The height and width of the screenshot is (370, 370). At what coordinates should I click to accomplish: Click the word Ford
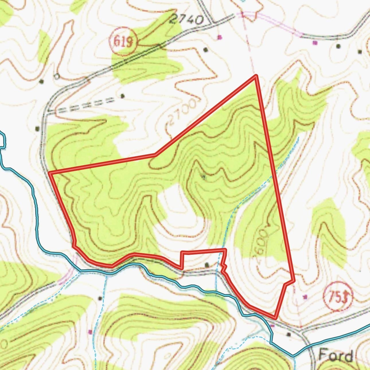(x=336, y=355)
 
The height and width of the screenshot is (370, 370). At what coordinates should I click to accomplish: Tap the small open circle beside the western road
(x=57, y=76)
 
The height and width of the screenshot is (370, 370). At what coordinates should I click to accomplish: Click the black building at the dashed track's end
(x=123, y=96)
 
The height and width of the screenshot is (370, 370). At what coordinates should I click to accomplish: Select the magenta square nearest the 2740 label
(x=220, y=37)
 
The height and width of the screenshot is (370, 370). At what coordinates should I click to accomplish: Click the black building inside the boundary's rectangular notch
(x=207, y=265)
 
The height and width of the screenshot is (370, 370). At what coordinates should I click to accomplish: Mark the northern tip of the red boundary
(x=256, y=75)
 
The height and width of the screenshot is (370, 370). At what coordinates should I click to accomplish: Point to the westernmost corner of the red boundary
(x=50, y=173)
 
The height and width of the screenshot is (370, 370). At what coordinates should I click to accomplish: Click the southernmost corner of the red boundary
(x=275, y=318)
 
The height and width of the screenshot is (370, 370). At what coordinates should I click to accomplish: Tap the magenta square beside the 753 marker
(x=305, y=297)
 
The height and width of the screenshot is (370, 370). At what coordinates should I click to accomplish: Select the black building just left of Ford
(x=289, y=334)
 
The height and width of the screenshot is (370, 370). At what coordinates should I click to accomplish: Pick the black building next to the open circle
(x=42, y=81)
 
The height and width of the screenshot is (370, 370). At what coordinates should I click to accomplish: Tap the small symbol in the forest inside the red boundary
(x=204, y=177)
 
